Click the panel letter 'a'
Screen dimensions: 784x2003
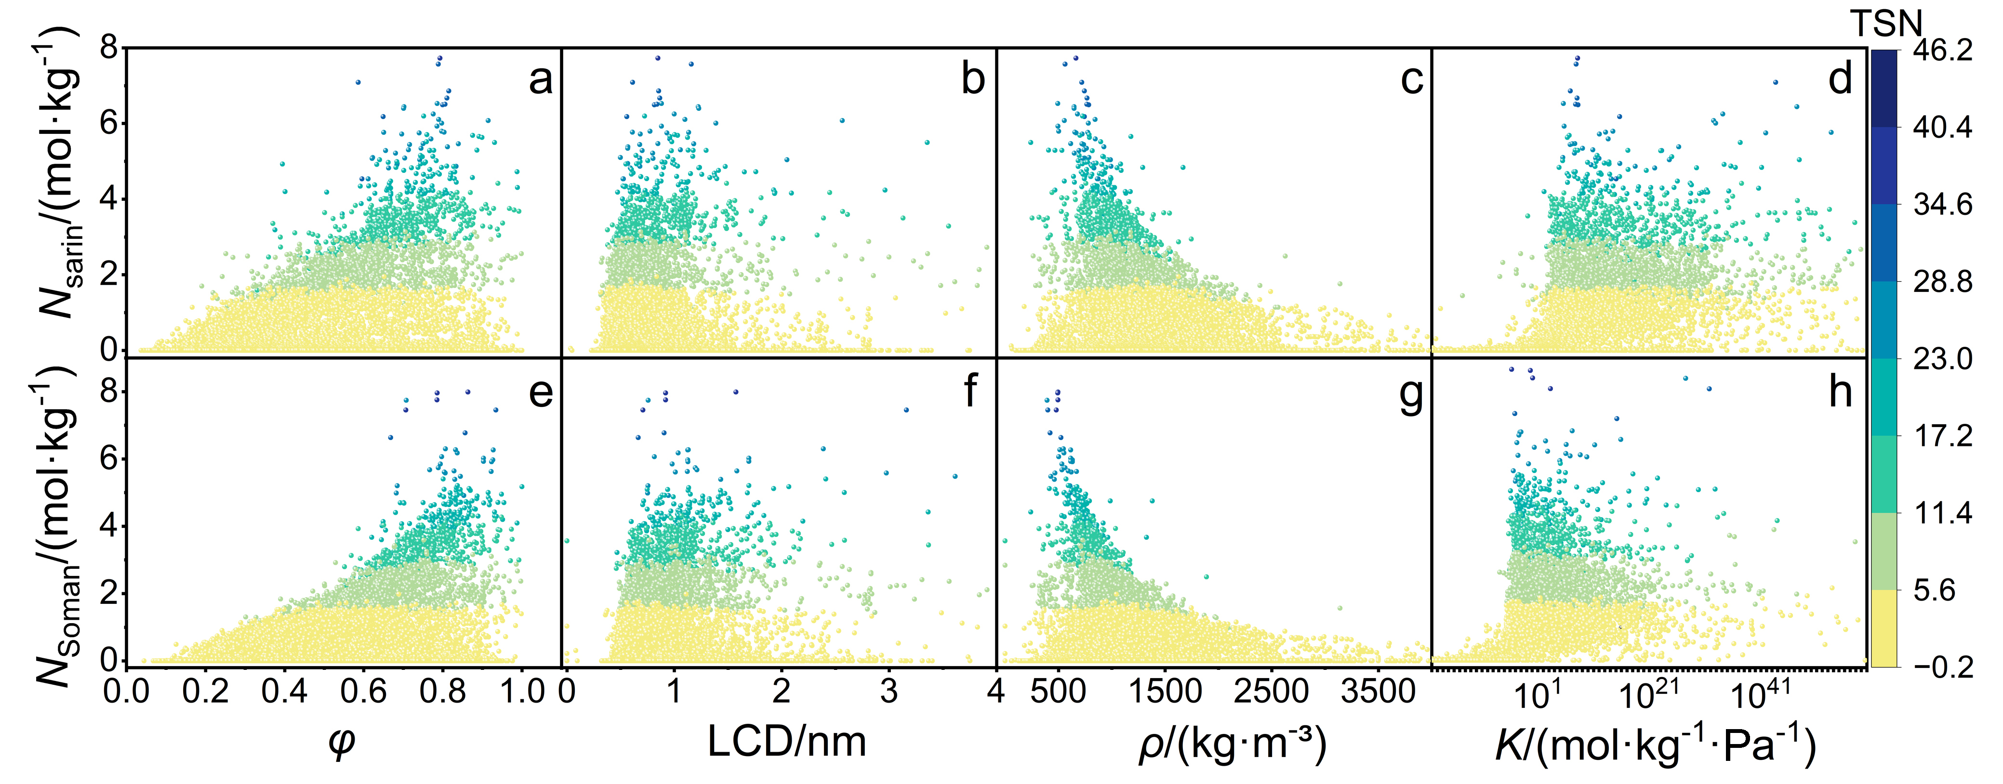point(541,80)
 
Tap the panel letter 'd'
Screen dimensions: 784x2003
point(1841,80)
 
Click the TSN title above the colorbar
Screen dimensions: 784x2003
point(1885,23)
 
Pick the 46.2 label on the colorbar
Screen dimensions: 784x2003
point(1942,51)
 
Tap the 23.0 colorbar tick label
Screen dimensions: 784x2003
point(1942,359)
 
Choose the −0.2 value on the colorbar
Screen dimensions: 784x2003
point(1942,666)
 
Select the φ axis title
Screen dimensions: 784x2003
point(342,742)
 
